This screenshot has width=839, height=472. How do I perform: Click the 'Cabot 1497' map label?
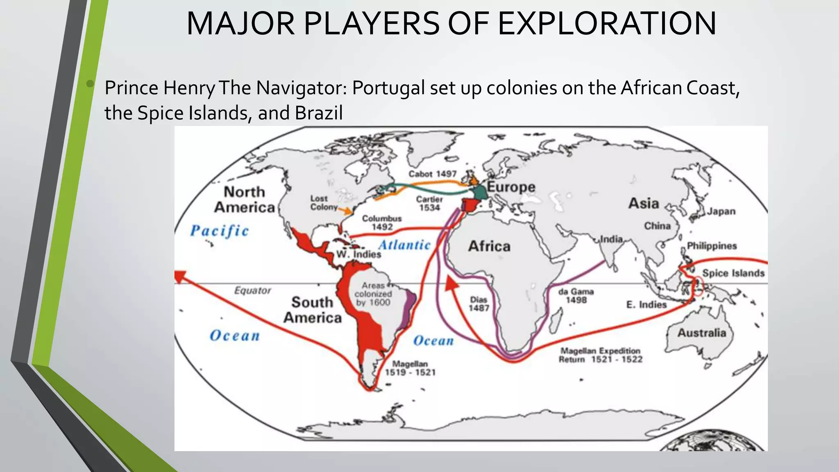pos(432,174)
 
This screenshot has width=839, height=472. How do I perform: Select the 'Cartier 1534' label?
pos(429,203)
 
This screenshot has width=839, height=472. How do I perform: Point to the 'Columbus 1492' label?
pos(382,222)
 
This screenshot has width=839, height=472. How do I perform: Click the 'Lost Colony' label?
pos(324,203)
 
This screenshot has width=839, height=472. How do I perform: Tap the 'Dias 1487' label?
pos(478,304)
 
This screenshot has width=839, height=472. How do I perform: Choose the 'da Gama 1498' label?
pos(576,296)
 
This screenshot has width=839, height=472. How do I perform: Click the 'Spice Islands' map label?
pos(733,273)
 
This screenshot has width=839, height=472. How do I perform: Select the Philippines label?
pos(712,246)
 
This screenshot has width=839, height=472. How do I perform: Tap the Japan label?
pos(721,211)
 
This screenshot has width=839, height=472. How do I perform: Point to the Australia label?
pos(701,333)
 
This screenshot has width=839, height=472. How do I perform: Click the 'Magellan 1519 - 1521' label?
pos(410,368)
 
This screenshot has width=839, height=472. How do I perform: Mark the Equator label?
pos(253,290)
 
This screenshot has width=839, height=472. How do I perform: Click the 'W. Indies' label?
pos(359,254)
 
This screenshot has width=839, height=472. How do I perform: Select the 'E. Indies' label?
pos(646,304)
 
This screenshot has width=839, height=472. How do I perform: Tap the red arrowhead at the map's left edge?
pos(179,276)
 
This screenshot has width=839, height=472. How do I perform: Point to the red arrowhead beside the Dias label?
pos(451,284)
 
